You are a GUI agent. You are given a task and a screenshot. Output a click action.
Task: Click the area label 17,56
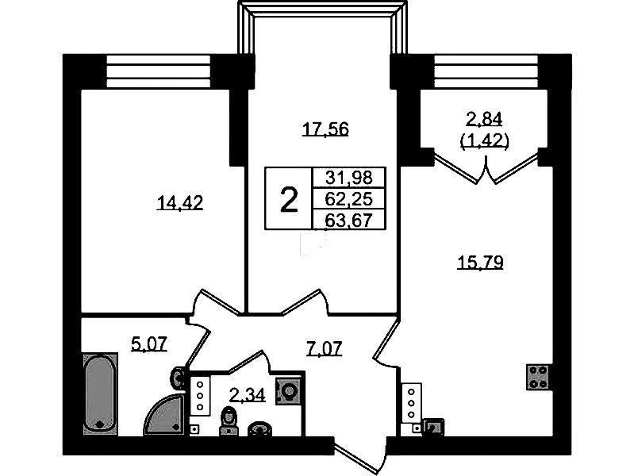pyautogui.click(x=325, y=130)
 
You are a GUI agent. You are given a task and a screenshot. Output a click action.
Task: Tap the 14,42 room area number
pyautogui.click(x=180, y=203)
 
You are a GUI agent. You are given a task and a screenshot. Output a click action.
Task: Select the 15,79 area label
pyautogui.click(x=480, y=263)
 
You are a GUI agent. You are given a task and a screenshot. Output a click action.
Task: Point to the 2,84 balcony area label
pyautogui.click(x=484, y=119)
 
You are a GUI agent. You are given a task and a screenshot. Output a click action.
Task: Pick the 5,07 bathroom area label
pyautogui.click(x=149, y=344)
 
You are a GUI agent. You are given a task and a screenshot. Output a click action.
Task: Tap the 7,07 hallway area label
pyautogui.click(x=325, y=348)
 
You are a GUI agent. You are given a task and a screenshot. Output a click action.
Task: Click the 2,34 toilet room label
pyautogui.click(x=248, y=394)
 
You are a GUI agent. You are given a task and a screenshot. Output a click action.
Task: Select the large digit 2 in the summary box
pyautogui.click(x=289, y=200)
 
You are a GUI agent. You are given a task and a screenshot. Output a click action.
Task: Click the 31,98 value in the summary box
pyautogui.click(x=348, y=178)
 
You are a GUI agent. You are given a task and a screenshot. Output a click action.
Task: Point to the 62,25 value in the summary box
pyautogui.click(x=348, y=199)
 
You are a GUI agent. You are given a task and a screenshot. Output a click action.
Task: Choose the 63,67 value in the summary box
pyautogui.click(x=348, y=221)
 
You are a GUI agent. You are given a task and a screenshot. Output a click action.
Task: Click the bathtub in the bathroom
pyautogui.click(x=100, y=393)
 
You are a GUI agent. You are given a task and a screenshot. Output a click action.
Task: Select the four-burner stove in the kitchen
pyautogui.click(x=537, y=377)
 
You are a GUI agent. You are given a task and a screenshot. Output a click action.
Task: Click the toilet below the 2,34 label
pyautogui.click(x=229, y=422)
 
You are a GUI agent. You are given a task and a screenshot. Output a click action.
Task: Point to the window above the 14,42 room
pyautogui.click(x=159, y=71)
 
